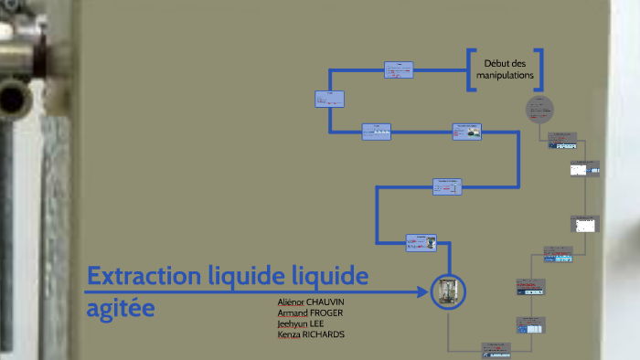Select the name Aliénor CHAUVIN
(311, 302)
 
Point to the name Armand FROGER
(310, 312)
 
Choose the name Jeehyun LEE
(300, 323)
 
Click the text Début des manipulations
(504, 69)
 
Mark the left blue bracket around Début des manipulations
(471, 69)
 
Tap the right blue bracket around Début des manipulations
(539, 69)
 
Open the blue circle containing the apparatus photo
(448, 292)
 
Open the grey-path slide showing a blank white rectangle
(584, 225)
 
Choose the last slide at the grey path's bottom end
(493, 348)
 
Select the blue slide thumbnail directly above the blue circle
(421, 242)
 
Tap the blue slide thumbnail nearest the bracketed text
(399, 69)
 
